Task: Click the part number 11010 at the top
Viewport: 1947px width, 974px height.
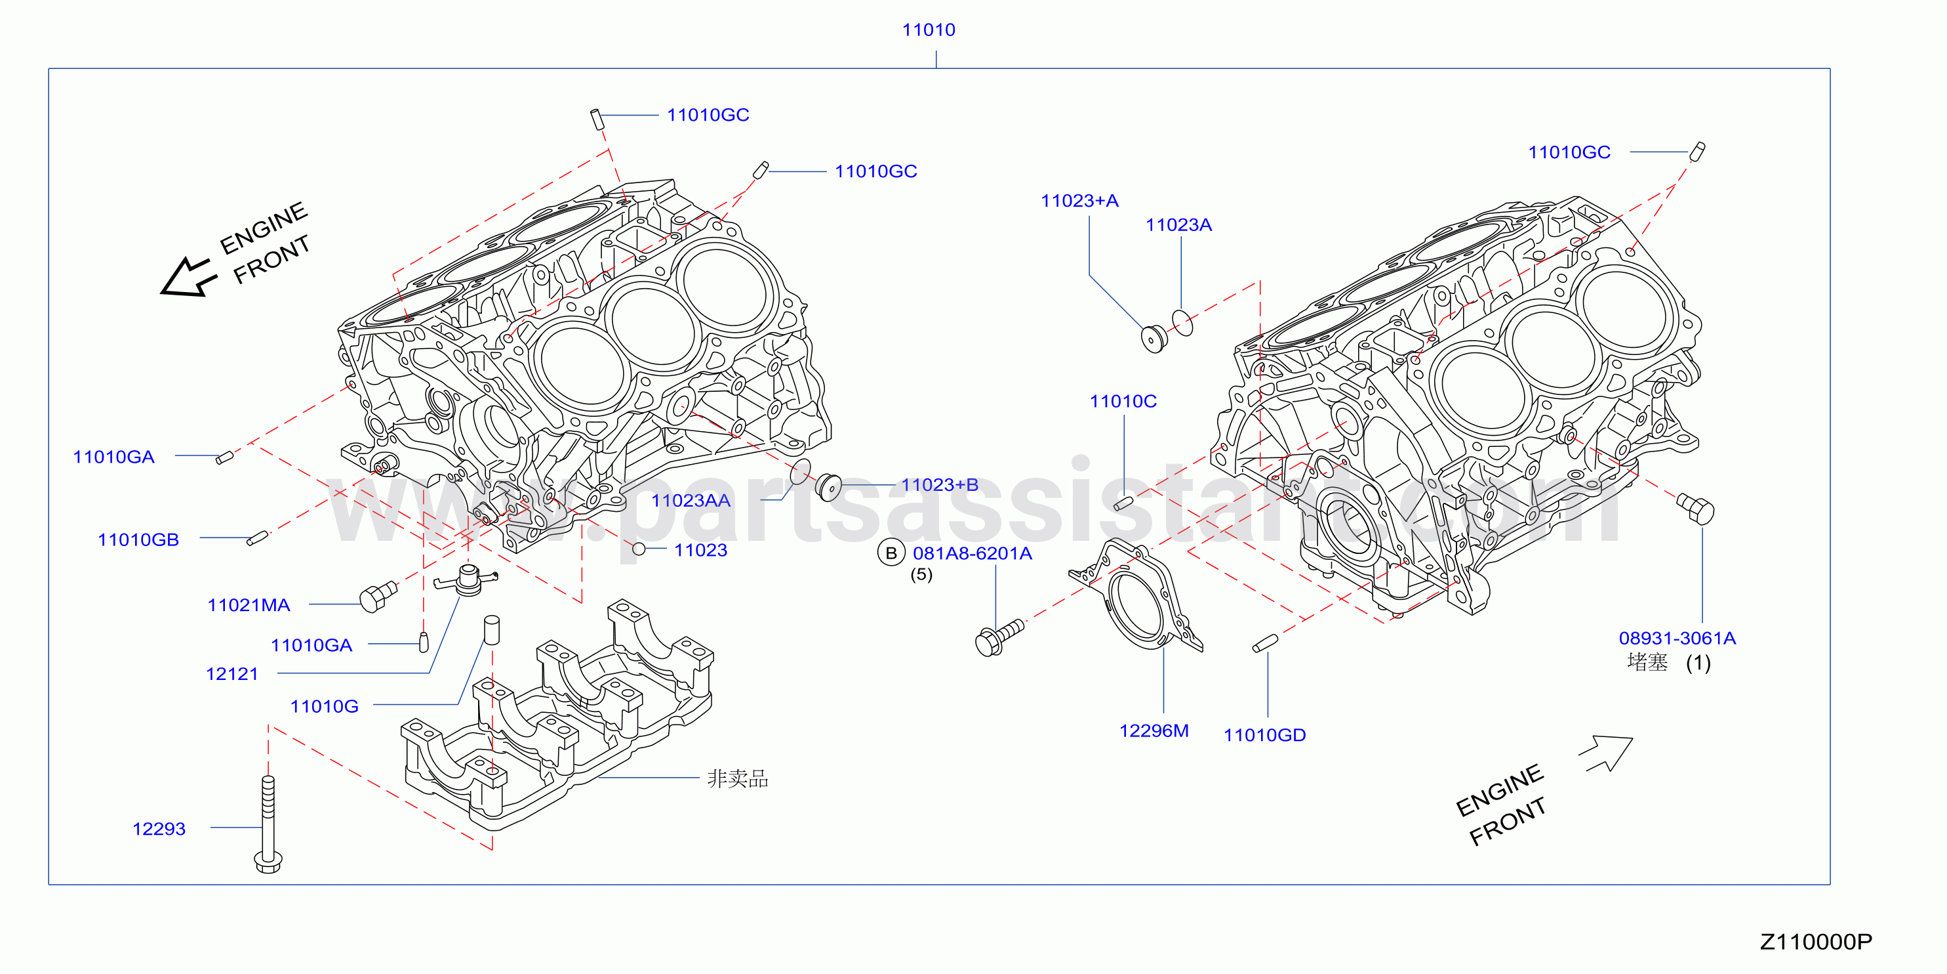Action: (928, 30)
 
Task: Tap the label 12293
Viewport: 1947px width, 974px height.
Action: (159, 829)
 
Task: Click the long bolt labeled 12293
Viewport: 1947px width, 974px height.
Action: (268, 824)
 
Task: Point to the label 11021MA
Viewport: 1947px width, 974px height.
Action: (249, 605)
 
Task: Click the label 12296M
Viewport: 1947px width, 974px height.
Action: (1154, 730)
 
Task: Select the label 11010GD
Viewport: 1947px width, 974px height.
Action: (1264, 735)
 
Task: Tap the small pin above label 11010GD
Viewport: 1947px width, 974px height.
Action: (1265, 643)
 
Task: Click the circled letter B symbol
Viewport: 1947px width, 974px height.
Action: (891, 553)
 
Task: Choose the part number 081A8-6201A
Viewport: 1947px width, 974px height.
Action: (972, 553)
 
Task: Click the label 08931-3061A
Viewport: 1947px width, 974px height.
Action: (1677, 638)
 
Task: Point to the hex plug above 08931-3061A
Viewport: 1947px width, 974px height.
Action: (1696, 508)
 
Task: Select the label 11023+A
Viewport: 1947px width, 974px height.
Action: (1079, 200)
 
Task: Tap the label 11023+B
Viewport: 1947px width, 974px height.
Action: (940, 485)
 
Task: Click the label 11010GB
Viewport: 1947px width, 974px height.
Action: (138, 540)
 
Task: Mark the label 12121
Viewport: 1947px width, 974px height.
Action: (232, 674)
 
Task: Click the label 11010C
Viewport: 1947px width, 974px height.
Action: (1123, 401)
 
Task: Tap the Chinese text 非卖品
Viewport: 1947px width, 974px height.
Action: (737, 778)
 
